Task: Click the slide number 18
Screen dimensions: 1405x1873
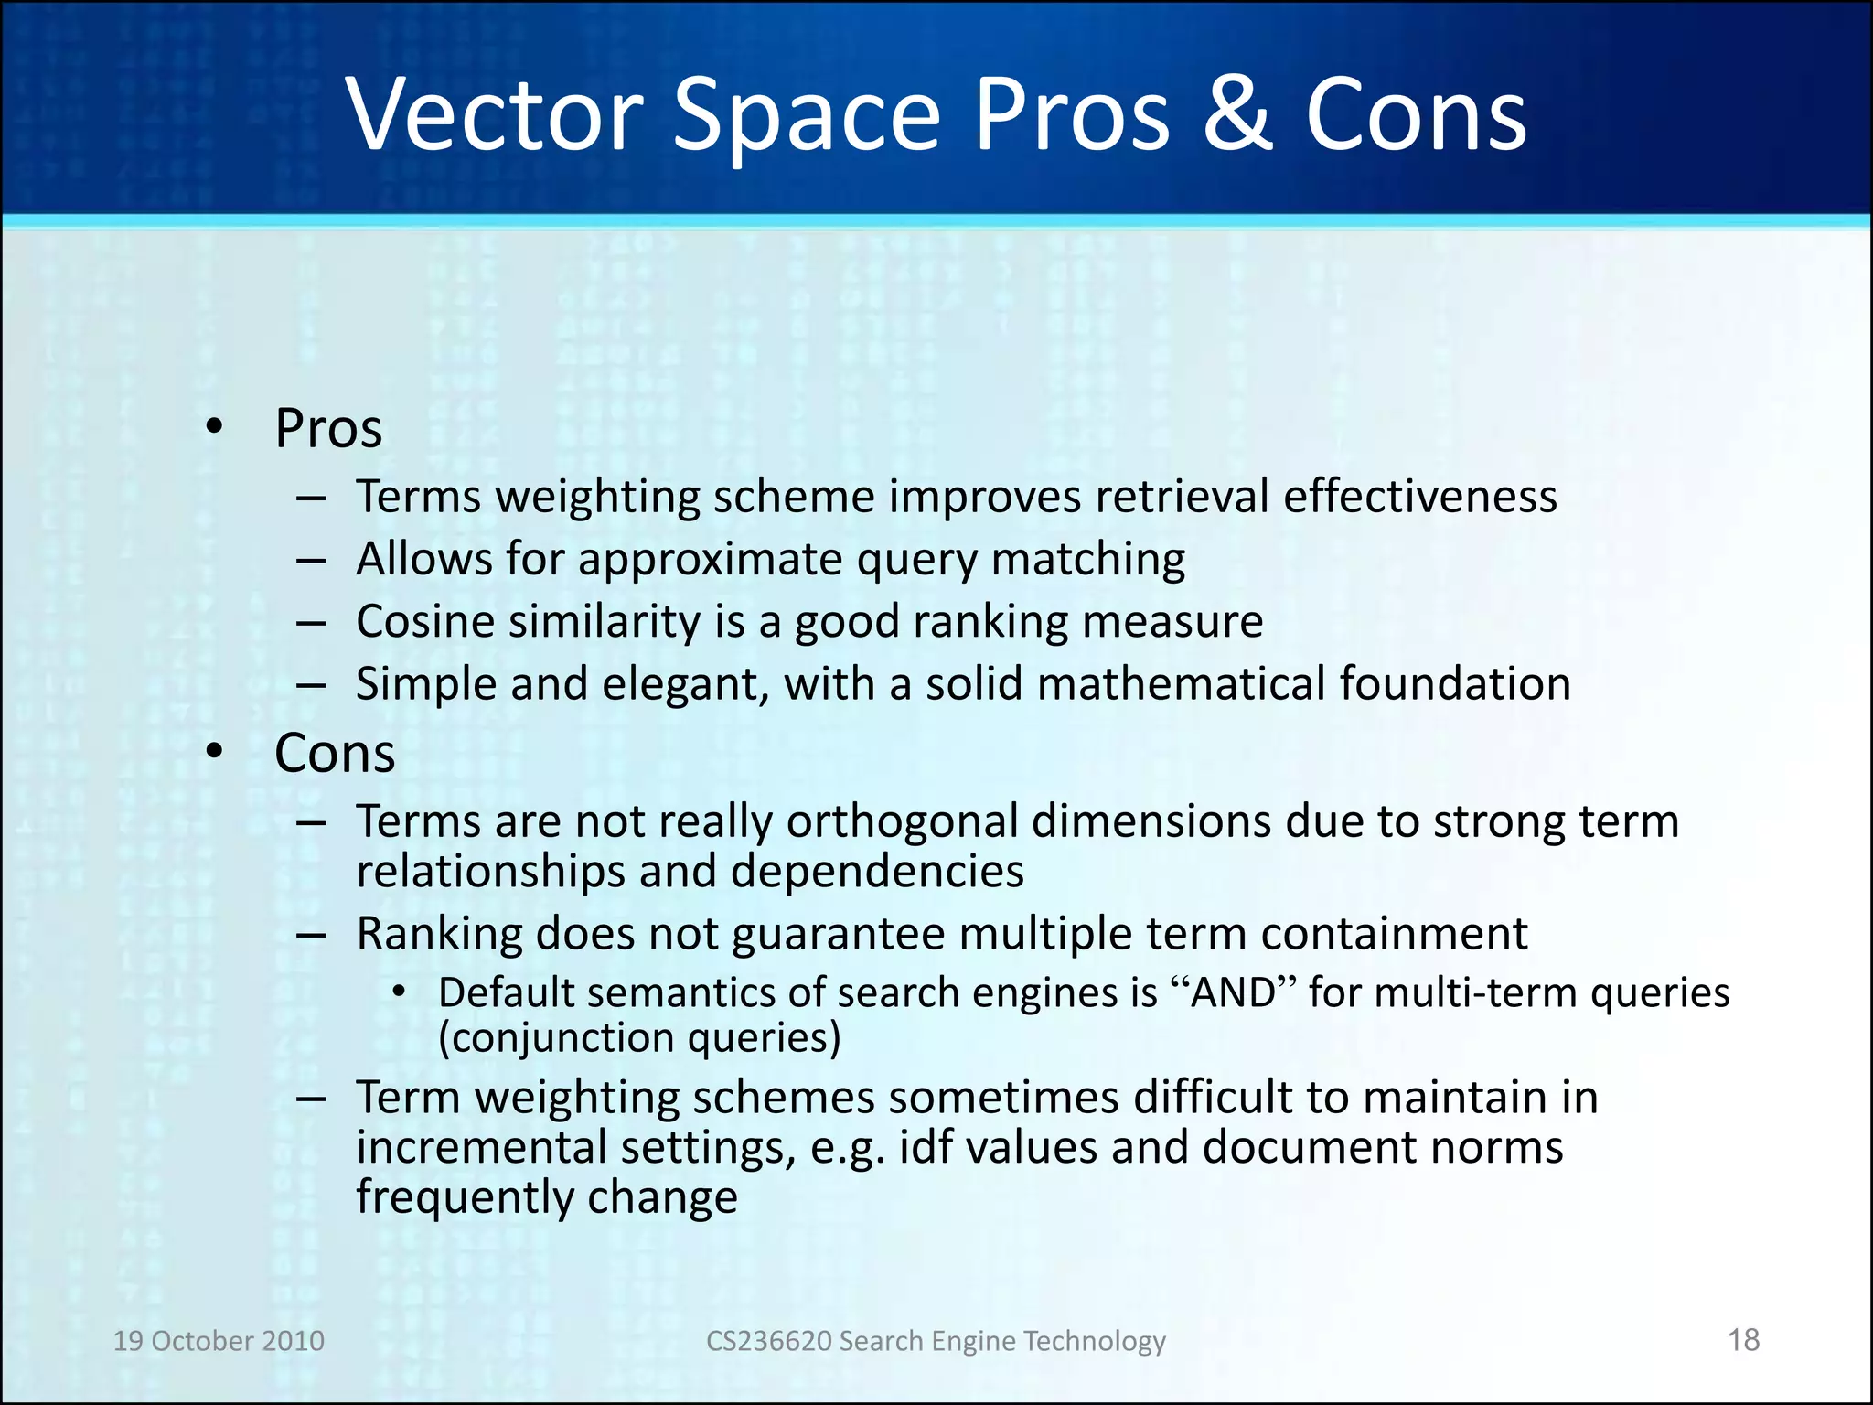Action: (1743, 1340)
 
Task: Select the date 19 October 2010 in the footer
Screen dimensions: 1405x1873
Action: (219, 1341)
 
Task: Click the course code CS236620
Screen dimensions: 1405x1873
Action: (768, 1341)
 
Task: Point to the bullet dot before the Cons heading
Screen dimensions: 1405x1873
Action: (215, 751)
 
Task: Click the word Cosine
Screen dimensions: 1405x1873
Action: (425, 622)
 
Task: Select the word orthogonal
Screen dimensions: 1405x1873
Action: (902, 822)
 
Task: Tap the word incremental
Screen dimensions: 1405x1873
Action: (480, 1148)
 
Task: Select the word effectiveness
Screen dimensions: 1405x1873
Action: (1419, 498)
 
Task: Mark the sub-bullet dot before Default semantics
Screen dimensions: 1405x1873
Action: (399, 992)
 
